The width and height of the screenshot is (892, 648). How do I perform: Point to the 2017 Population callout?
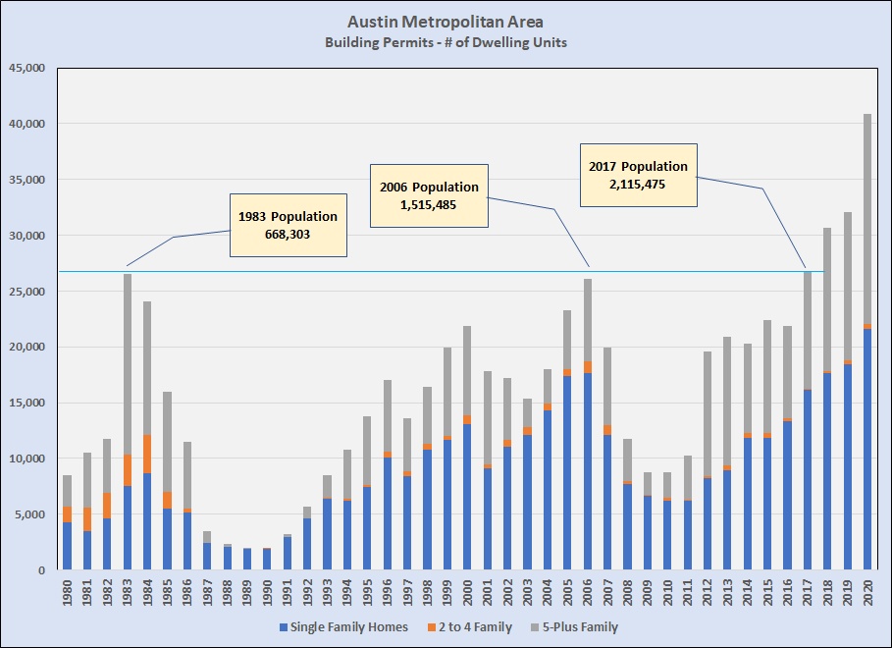(x=639, y=175)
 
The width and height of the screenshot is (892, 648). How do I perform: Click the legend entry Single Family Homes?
(x=343, y=626)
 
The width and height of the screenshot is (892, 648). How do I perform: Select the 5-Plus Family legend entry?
(x=578, y=626)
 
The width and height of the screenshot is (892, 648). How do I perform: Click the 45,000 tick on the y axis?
(x=27, y=69)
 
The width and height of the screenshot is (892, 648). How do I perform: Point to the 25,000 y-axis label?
(x=27, y=292)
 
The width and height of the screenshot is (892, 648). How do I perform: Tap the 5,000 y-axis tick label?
(x=30, y=514)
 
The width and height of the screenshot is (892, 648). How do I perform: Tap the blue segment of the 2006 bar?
(x=587, y=471)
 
